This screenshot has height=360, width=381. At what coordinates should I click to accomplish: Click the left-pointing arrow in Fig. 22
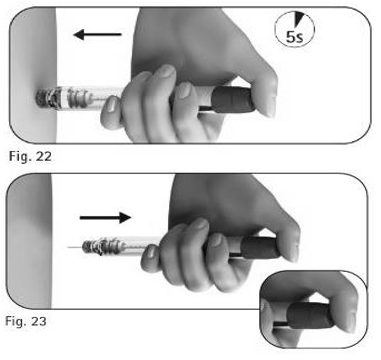98,34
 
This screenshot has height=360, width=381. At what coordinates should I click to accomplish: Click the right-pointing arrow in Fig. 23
105,217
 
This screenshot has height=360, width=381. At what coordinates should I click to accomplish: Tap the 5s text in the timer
294,37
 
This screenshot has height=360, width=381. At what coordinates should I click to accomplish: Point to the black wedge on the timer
299,19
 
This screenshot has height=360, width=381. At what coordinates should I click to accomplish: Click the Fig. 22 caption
30,156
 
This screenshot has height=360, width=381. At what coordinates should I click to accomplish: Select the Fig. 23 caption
26,321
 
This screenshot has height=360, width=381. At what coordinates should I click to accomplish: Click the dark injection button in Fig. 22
233,99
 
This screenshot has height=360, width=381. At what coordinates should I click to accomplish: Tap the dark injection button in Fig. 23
261,248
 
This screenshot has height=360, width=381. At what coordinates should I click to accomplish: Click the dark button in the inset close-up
309,315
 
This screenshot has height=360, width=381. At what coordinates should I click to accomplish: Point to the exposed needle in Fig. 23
75,247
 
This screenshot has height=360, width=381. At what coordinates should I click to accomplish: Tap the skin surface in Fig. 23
29,241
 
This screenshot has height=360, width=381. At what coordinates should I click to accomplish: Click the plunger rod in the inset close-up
280,324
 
